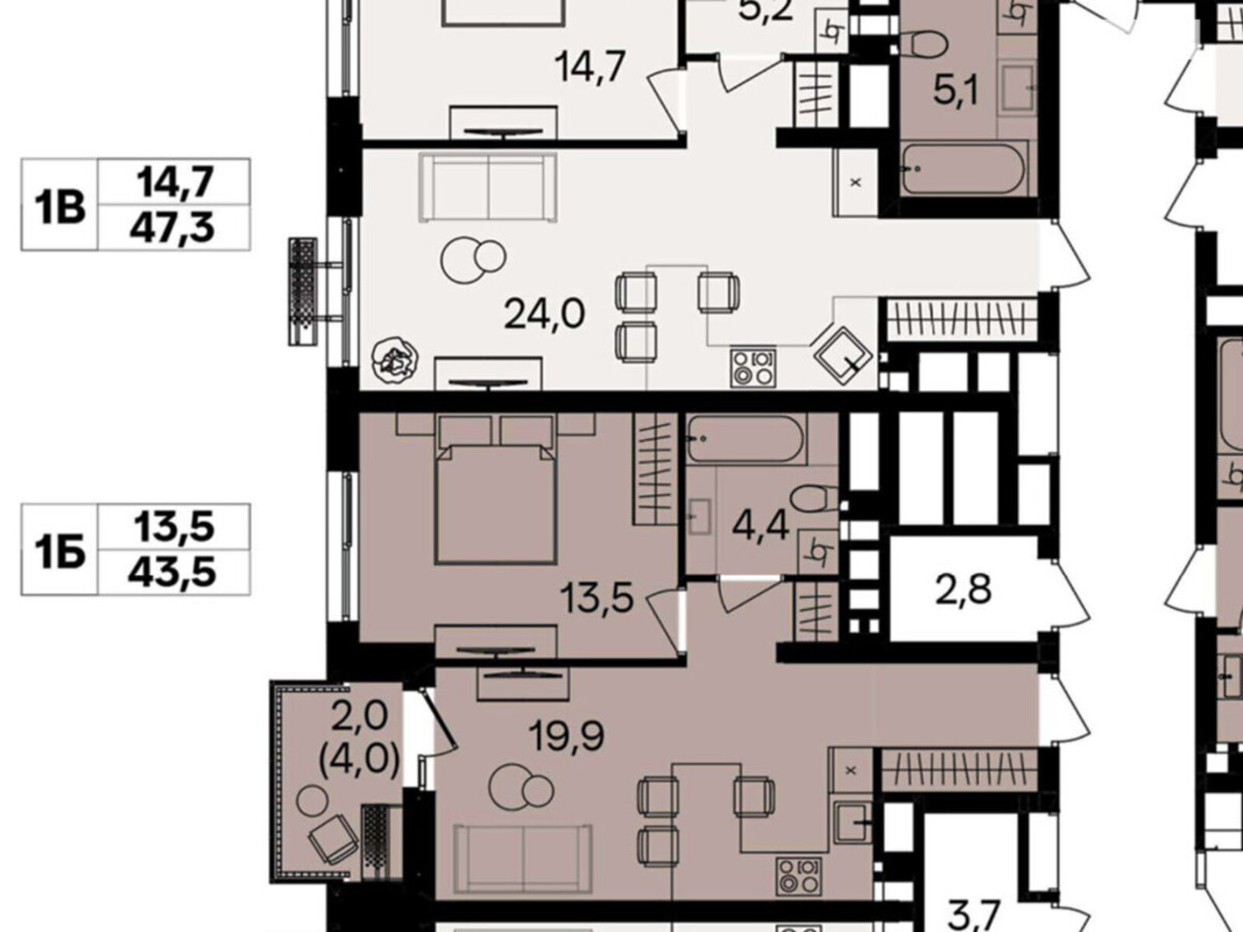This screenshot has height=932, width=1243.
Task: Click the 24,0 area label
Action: click(544, 315)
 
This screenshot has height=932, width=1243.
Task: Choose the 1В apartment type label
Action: click(60, 207)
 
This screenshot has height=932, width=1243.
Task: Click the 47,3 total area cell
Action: click(172, 228)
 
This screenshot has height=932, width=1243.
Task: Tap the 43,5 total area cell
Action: click(172, 572)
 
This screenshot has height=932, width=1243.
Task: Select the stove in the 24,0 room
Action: click(753, 367)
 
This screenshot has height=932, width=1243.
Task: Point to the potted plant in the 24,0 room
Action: click(395, 358)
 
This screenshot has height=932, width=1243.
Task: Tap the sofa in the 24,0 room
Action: click(488, 186)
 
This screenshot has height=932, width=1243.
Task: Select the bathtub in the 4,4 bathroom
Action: click(745, 440)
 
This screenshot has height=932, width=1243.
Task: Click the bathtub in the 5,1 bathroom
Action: click(963, 168)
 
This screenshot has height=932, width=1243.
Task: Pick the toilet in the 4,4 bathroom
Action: click(813, 499)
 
